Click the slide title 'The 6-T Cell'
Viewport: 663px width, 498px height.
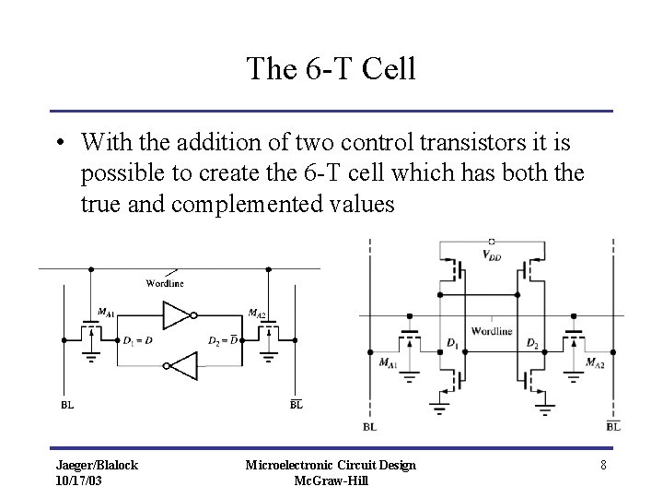coord(331,68)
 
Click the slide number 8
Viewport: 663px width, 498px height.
coord(602,465)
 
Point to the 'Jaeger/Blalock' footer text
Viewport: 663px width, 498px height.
coord(96,465)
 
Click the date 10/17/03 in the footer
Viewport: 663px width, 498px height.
coord(81,480)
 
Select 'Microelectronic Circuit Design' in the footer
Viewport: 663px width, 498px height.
coord(331,465)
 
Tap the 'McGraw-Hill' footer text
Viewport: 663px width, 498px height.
coord(331,480)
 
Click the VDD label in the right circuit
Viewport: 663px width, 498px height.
coord(493,255)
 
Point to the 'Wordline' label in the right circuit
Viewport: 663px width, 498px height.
coord(492,330)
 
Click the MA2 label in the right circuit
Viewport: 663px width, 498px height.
coord(595,362)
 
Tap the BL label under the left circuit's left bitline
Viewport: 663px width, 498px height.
coord(67,404)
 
